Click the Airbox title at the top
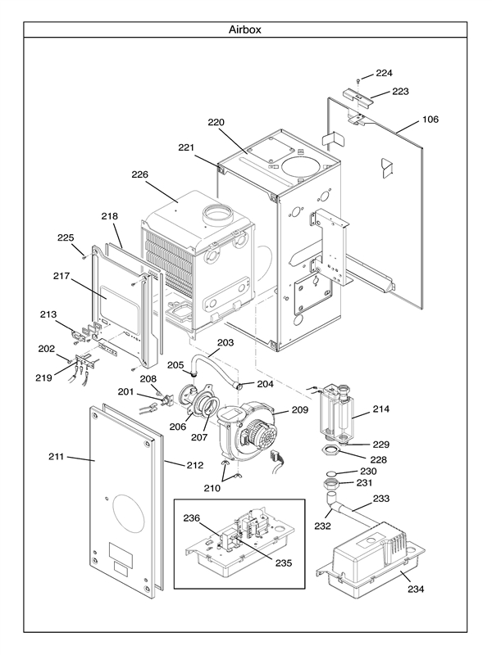click(245, 29)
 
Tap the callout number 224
click(385, 73)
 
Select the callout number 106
click(430, 120)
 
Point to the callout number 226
click(139, 174)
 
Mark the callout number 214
click(381, 408)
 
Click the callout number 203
click(225, 341)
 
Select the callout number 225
click(66, 237)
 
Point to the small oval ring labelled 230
click(327, 473)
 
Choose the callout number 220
click(216, 123)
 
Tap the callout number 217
click(61, 277)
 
